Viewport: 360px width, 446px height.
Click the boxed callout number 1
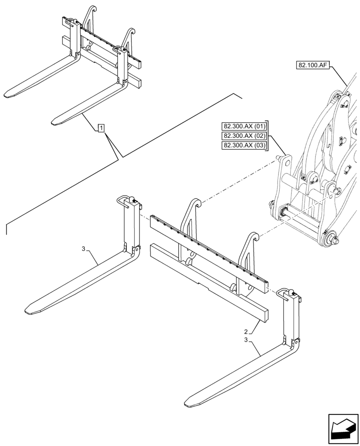coord(101,129)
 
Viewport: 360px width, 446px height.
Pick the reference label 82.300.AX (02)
coord(244,136)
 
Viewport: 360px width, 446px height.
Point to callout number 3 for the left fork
coord(83,248)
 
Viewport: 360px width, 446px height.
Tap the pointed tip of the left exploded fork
coord(28,309)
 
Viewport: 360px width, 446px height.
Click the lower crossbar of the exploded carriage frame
coord(209,281)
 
